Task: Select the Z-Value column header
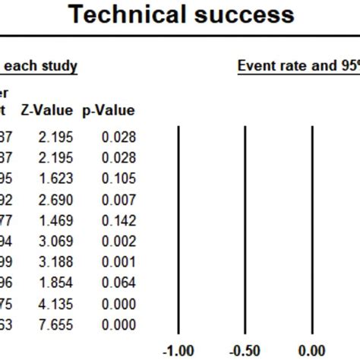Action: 46,111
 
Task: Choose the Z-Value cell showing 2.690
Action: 55,199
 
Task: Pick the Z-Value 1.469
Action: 55,219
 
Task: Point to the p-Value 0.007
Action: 118,199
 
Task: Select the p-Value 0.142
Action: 118,219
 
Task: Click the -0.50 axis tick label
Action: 245,351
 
